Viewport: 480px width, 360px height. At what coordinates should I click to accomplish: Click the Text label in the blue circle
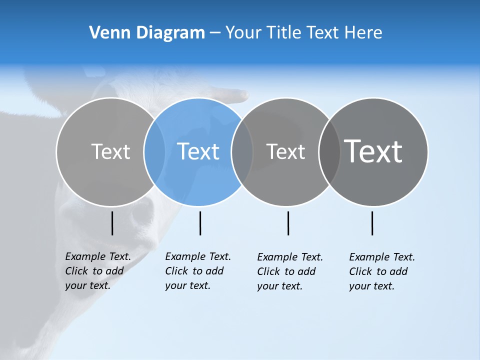coord(198,151)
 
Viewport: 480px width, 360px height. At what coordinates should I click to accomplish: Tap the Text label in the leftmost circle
coord(110,151)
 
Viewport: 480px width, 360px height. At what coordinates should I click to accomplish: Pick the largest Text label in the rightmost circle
coord(373,151)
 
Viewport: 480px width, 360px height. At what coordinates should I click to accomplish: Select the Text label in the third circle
coord(285,151)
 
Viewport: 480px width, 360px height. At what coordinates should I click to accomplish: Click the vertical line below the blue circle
coord(200,223)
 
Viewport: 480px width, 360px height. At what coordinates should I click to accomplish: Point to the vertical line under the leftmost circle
coord(112,223)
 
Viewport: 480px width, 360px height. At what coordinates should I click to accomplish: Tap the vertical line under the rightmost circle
coord(372,223)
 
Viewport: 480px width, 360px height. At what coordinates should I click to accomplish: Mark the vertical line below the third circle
coord(288,223)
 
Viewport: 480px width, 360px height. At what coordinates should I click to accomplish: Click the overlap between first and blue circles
coord(154,152)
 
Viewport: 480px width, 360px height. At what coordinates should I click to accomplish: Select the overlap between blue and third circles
coord(242,152)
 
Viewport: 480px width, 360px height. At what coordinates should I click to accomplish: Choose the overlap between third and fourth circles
coord(329,152)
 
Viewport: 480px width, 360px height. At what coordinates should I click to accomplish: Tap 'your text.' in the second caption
coord(187,285)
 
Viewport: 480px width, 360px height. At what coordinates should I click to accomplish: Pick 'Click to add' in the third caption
coord(286,271)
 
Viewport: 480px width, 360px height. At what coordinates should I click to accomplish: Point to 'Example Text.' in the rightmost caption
coord(382,257)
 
